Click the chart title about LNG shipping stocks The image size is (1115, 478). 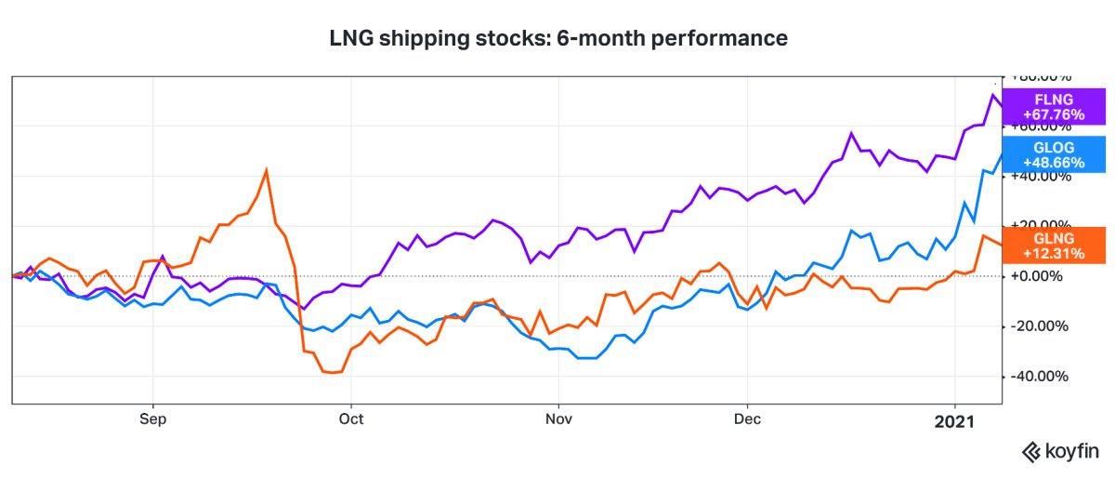(558, 39)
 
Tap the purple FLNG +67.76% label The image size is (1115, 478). (1053, 107)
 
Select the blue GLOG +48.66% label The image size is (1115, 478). (1053, 153)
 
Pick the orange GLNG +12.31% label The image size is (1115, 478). (1053, 244)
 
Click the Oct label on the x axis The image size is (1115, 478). (351, 419)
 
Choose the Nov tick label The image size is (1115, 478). (558, 419)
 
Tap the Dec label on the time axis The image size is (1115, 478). (747, 419)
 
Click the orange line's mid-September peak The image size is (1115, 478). (267, 169)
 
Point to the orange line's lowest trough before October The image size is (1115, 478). (332, 372)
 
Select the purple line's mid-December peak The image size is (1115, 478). (850, 133)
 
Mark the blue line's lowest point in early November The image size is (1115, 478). (585, 357)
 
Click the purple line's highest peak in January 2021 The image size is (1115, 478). (993, 94)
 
